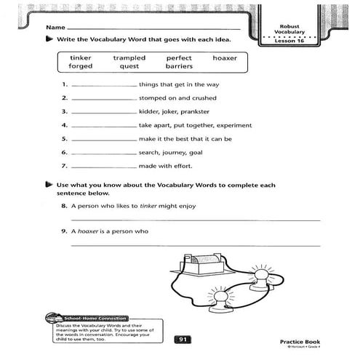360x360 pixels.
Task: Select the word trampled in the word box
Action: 129,57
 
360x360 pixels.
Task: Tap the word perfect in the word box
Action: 179,57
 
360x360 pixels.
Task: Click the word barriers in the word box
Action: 179,66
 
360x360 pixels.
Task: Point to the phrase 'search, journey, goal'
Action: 172,152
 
